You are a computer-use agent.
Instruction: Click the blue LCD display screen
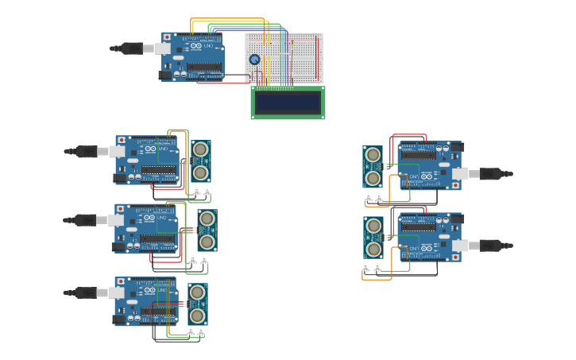tap(288, 103)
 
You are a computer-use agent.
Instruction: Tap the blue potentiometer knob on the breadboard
tap(254, 60)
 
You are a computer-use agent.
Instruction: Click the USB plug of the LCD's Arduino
tap(130, 48)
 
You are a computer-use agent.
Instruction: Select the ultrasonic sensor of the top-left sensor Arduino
tap(201, 161)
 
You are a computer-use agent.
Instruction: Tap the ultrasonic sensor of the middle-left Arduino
tap(207, 230)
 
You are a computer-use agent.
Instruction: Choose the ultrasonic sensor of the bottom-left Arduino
tap(197, 304)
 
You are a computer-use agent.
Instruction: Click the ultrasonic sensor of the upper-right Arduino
tap(373, 166)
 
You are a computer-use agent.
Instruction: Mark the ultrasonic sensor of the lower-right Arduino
tap(373, 237)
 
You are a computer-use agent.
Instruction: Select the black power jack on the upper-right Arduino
tap(456, 147)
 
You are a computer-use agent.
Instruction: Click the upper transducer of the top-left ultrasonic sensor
tap(201, 149)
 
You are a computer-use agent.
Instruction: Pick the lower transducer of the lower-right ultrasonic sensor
tap(373, 249)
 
